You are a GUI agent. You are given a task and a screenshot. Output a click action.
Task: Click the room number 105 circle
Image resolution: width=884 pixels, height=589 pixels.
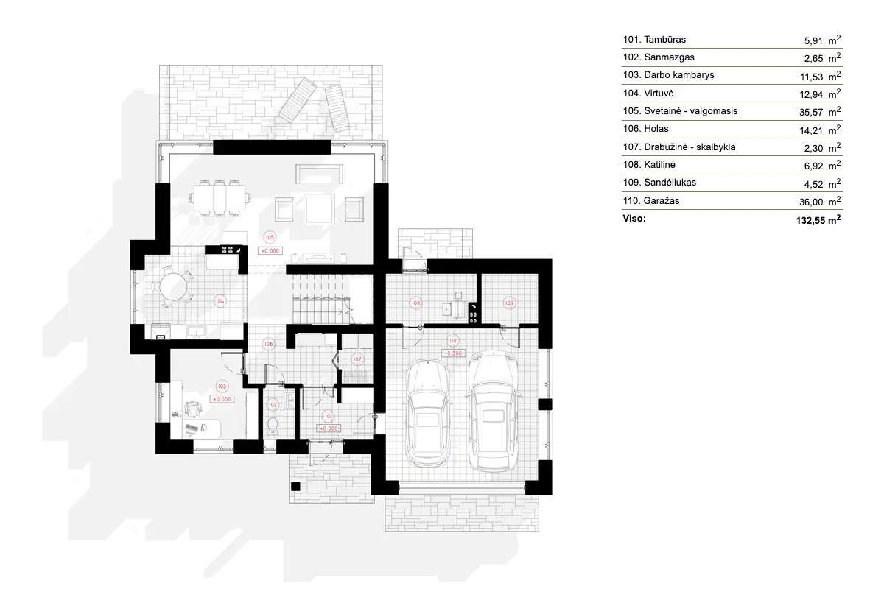tap(269, 237)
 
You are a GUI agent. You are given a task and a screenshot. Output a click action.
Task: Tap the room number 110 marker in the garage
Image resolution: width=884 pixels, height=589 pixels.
tap(452, 340)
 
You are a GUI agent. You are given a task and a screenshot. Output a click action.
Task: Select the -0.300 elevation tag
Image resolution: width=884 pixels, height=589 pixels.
tap(452, 353)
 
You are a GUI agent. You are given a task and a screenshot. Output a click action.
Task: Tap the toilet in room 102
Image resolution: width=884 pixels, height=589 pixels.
tap(273, 426)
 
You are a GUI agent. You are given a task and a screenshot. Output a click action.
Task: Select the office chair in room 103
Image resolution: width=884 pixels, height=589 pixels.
tap(193, 406)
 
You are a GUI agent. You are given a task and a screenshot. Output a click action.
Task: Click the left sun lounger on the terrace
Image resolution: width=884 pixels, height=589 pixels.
tap(298, 102)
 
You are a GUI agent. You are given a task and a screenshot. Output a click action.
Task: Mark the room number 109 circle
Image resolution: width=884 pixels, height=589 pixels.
tap(508, 302)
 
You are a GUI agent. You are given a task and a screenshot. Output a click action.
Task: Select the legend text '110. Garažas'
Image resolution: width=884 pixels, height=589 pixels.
tap(651, 200)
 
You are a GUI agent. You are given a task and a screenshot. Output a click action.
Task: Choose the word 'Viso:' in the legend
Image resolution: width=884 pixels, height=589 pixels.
tap(634, 219)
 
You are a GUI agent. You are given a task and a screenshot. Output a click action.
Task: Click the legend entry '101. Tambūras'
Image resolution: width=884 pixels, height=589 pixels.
tap(654, 39)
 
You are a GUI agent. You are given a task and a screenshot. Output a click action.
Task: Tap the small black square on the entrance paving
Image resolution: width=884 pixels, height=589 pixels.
tap(295, 485)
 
